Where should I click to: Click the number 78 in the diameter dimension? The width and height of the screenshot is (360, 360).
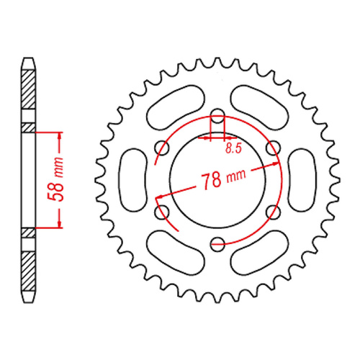[211, 180]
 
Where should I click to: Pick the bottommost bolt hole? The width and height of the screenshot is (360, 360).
[217, 245]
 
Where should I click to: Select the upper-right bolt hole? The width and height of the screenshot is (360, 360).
[273, 149]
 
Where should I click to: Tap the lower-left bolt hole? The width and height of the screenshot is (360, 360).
[163, 212]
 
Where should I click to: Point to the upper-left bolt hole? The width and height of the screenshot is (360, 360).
[163, 149]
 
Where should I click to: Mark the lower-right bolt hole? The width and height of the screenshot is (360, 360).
[273, 212]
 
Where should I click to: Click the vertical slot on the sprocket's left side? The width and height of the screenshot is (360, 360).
[132, 180]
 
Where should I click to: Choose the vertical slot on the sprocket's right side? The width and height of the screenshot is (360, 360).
[303, 180]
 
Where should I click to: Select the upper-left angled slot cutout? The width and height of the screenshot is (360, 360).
[175, 107]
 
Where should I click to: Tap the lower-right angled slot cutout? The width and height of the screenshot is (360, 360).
[260, 254]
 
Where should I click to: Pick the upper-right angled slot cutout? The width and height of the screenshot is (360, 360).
[260, 107]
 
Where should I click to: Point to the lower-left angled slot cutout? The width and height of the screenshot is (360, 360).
[175, 254]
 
